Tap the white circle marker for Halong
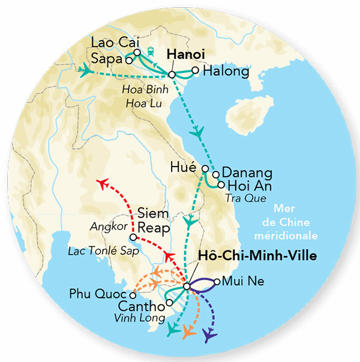point(195,71)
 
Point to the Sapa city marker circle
point(128,60)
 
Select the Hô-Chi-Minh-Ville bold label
point(257,256)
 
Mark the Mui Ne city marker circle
point(217,280)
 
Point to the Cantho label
point(140,307)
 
